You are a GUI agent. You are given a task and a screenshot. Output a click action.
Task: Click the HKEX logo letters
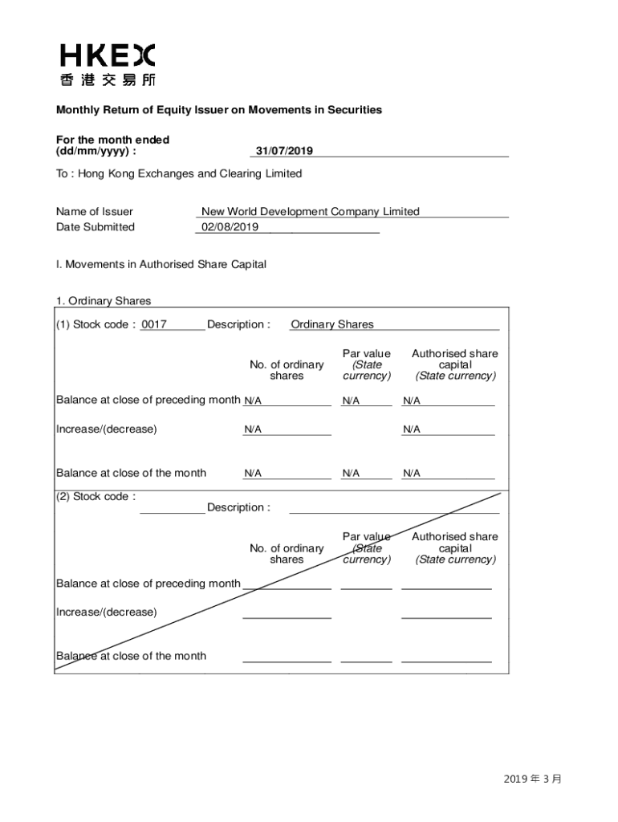click(107, 55)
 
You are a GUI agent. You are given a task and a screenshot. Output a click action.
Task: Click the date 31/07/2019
click(284, 151)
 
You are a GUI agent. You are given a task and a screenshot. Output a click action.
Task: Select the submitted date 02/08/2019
click(230, 227)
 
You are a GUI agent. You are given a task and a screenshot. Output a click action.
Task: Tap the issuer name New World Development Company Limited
click(310, 212)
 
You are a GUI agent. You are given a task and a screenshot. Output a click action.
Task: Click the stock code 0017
click(154, 324)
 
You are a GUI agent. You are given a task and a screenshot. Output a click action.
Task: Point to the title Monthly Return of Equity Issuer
click(218, 110)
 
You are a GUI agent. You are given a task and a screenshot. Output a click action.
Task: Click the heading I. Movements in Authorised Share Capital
click(161, 264)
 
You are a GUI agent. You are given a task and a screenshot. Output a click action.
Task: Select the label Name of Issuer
click(95, 212)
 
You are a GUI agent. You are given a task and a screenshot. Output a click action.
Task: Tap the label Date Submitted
click(96, 227)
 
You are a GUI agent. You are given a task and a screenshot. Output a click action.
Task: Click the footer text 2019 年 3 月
click(533, 779)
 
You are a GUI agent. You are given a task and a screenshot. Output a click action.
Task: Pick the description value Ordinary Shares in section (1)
click(332, 324)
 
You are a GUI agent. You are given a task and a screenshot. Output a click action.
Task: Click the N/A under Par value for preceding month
click(351, 401)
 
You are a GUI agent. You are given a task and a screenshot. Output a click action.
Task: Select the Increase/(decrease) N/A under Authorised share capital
click(412, 429)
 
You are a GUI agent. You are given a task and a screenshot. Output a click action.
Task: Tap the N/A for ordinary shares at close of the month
click(253, 474)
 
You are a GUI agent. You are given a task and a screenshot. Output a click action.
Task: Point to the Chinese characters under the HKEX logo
click(108, 80)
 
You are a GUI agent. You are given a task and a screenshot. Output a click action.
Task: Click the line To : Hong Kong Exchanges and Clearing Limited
click(179, 173)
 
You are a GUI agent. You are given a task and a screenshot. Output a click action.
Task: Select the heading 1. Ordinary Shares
click(104, 301)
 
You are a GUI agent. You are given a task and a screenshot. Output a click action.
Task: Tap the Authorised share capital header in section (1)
click(454, 364)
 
